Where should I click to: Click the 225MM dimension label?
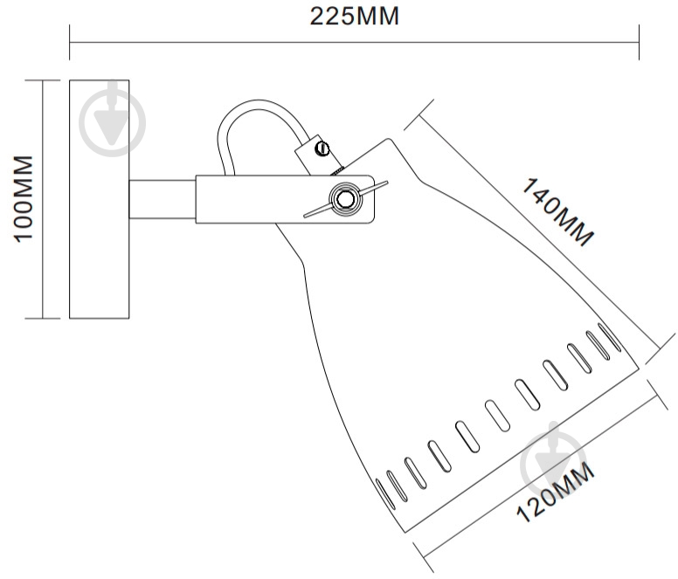click(355, 17)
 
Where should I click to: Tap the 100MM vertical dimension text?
click(24, 199)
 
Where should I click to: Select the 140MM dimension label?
click(557, 212)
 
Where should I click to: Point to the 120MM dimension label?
click(556, 493)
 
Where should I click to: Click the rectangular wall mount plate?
click(100, 199)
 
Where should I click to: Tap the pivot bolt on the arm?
click(345, 199)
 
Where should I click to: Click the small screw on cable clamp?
click(322, 149)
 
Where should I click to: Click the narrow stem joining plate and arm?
click(163, 199)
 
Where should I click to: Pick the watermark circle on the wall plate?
click(113, 123)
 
